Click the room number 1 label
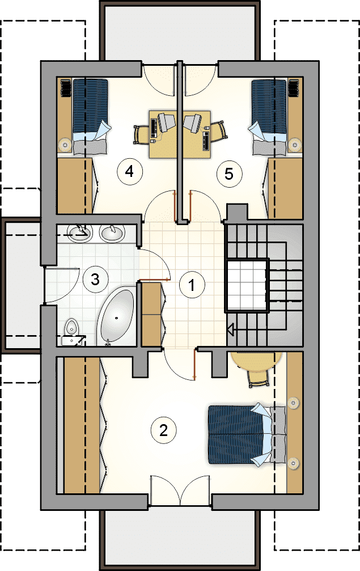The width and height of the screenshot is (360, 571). point(192,285)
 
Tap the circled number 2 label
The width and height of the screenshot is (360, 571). point(163,430)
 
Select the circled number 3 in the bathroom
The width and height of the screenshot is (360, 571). point(95,280)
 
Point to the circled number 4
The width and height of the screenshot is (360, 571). point(130,171)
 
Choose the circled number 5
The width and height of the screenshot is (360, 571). point(229,174)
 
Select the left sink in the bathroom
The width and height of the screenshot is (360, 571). point(79,233)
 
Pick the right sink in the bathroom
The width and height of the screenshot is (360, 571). point(113,233)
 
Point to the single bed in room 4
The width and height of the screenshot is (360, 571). point(91,117)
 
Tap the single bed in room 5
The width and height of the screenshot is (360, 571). point(268,117)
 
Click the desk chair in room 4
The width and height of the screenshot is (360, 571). point(141,134)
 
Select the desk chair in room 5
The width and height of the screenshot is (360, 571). point(218,131)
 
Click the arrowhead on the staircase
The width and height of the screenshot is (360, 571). point(230,329)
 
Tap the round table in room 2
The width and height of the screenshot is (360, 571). point(257,361)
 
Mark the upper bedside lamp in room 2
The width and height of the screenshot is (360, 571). point(293,403)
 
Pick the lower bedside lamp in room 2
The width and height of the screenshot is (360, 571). point(293,463)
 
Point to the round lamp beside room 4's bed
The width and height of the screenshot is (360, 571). point(65,145)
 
